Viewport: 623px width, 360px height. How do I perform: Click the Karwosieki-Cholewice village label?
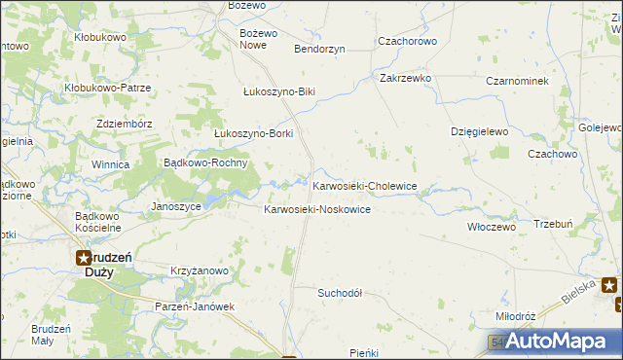pyautogui.click(x=365, y=185)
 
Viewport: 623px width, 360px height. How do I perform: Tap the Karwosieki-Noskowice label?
pyautogui.click(x=317, y=210)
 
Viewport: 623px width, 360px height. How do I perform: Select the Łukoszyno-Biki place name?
pyautogui.click(x=279, y=91)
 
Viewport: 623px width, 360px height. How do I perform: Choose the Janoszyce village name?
pyautogui.click(x=176, y=206)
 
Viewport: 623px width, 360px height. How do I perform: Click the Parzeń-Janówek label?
pyautogui.click(x=196, y=306)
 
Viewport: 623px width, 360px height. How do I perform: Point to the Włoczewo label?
pyautogui.click(x=491, y=226)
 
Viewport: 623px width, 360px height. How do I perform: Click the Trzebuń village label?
pyautogui.click(x=557, y=223)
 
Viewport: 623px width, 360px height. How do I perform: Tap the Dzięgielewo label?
pyautogui.click(x=480, y=130)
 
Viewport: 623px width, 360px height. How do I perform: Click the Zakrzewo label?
pyautogui.click(x=406, y=77)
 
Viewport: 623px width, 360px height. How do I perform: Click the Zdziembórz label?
pyautogui.click(x=125, y=124)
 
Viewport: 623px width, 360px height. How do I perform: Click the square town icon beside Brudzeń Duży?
pyautogui.click(x=85, y=258)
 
